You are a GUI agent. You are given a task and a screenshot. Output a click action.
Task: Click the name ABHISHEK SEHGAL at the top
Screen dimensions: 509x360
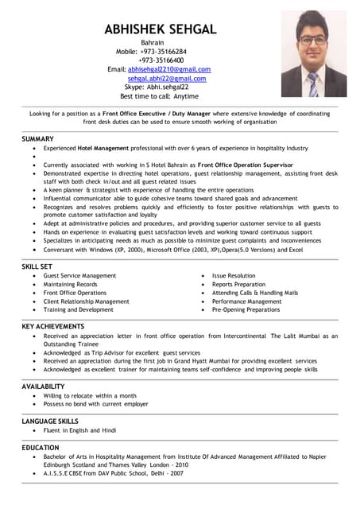[x=160, y=29]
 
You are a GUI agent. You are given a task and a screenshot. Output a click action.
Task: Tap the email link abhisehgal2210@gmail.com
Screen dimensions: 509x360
[x=169, y=69]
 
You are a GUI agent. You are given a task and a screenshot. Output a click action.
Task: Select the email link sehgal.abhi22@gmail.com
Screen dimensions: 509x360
[x=167, y=79]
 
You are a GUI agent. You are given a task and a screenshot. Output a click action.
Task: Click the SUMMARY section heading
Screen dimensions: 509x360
[x=38, y=139]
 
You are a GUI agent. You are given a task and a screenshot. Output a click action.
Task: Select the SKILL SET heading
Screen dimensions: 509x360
[x=37, y=266]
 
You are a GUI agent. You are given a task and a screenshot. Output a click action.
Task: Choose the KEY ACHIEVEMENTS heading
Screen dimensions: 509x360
[x=52, y=326]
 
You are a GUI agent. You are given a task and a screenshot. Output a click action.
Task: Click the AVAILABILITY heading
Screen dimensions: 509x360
[x=44, y=386]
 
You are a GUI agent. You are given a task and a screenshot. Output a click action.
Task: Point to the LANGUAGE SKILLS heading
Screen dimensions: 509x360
[x=50, y=421]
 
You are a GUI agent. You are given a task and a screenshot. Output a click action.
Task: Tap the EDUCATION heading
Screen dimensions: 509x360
[x=41, y=448]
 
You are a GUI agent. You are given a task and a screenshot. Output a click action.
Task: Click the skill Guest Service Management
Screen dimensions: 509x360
[x=79, y=276]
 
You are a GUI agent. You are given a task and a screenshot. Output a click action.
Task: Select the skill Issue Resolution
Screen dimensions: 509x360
[x=234, y=276]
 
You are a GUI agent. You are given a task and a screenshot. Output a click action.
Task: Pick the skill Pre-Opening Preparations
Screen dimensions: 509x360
[x=246, y=310]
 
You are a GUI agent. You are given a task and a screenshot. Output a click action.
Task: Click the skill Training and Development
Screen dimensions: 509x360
[x=78, y=310]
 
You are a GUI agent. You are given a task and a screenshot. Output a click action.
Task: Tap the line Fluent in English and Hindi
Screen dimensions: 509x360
[x=79, y=430]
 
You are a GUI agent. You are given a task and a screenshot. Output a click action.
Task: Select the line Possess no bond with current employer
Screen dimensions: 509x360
[x=96, y=404]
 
